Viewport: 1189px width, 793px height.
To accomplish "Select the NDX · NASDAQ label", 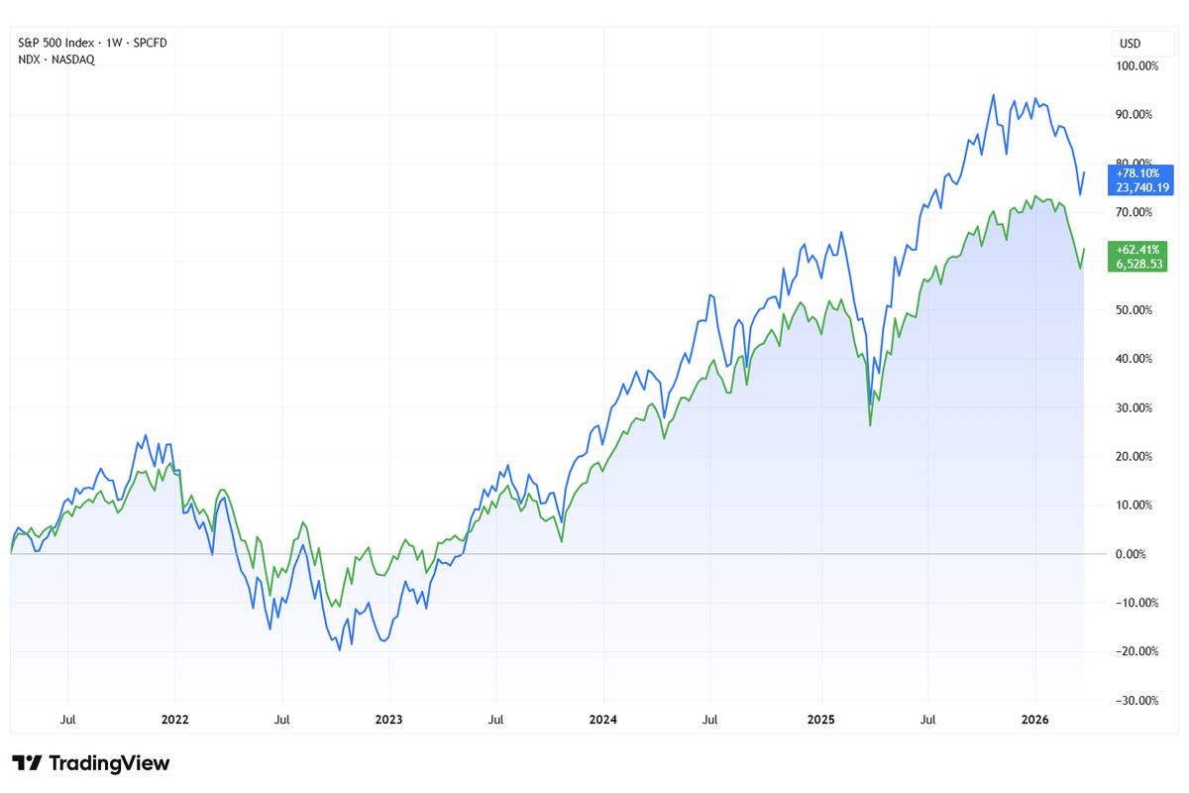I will point(56,59).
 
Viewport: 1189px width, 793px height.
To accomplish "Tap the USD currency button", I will point(1130,44).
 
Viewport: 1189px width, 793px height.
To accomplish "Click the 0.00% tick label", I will point(1131,554).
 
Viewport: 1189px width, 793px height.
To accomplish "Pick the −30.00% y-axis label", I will point(1133,700).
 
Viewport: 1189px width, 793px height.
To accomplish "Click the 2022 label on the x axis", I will point(174,720).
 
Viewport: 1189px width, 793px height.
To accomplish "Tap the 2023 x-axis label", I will point(389,720).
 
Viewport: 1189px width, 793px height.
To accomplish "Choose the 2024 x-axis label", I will point(603,720).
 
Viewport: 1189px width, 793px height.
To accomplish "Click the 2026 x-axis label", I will point(1034,720).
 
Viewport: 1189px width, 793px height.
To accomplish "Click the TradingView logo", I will point(91,763).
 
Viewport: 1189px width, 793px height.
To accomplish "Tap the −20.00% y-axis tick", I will point(1133,651).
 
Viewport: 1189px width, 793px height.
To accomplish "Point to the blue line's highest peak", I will point(993,95).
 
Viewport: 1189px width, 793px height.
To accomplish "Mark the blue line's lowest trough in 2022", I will point(340,649).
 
